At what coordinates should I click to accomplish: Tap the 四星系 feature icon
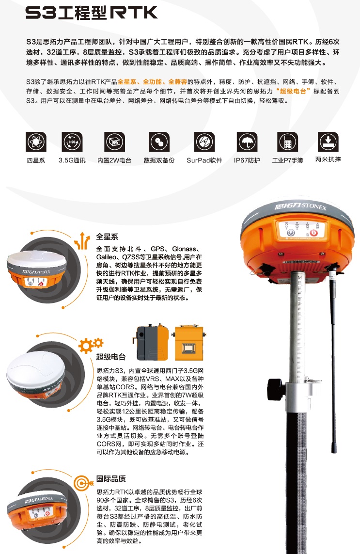point(35,142)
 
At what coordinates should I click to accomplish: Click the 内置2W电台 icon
point(114,142)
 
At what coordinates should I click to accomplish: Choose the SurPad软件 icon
point(204,142)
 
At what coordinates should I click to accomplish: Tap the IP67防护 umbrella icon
point(247,142)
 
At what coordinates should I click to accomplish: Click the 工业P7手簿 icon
point(287,142)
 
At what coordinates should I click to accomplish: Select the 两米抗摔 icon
point(328,142)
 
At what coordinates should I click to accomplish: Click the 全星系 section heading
point(107,237)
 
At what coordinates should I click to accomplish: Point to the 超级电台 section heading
point(110,357)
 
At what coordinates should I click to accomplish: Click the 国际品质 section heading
point(110,479)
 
